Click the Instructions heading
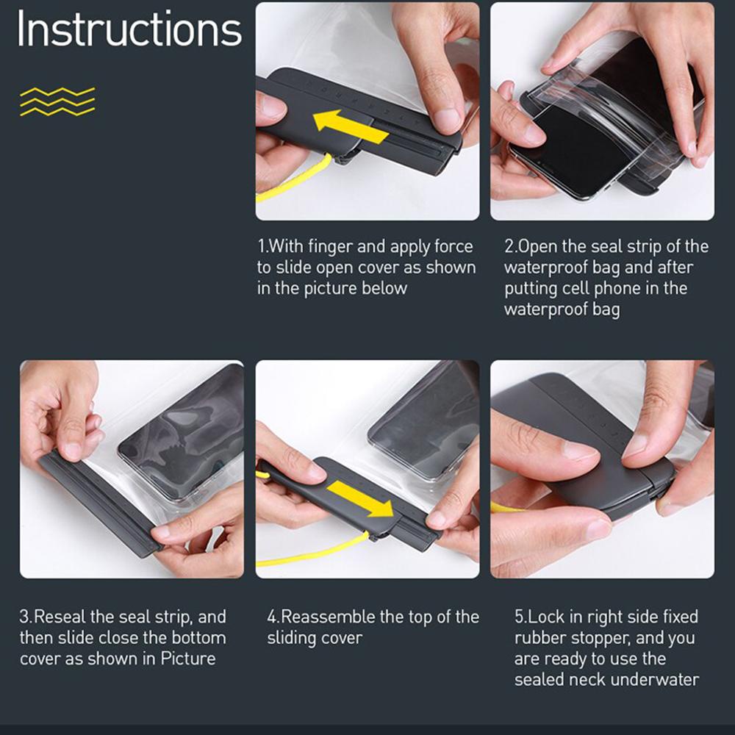click(129, 29)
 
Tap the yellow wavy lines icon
click(57, 101)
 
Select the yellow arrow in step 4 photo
click(360, 499)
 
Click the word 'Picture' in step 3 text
click(188, 659)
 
